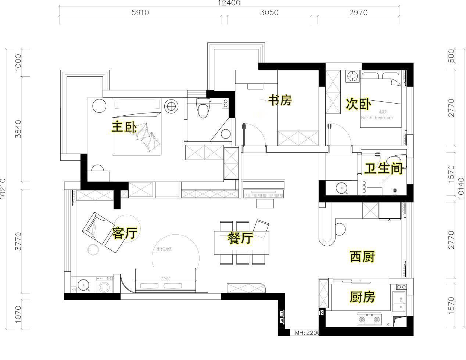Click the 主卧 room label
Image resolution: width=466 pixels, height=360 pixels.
click(x=124, y=127)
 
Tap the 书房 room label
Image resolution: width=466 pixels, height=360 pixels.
click(x=280, y=100)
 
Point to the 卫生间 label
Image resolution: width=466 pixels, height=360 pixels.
click(x=383, y=169)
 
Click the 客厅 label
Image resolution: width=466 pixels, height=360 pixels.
click(x=125, y=233)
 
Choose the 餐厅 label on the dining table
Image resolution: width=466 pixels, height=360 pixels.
click(x=240, y=238)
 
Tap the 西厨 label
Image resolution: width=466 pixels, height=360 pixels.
click(x=362, y=257)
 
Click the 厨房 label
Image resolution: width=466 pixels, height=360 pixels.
click(x=362, y=297)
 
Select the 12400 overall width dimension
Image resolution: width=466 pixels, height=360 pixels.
click(x=229, y=3)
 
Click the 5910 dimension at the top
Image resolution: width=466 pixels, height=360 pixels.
click(x=140, y=12)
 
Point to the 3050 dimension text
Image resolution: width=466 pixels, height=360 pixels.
click(x=269, y=12)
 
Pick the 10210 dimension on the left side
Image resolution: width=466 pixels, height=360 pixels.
click(x=4, y=189)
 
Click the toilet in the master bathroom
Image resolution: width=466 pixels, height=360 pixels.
click(x=202, y=108)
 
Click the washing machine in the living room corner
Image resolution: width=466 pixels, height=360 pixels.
click(x=105, y=285)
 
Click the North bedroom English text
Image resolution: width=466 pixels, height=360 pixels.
click(x=377, y=118)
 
